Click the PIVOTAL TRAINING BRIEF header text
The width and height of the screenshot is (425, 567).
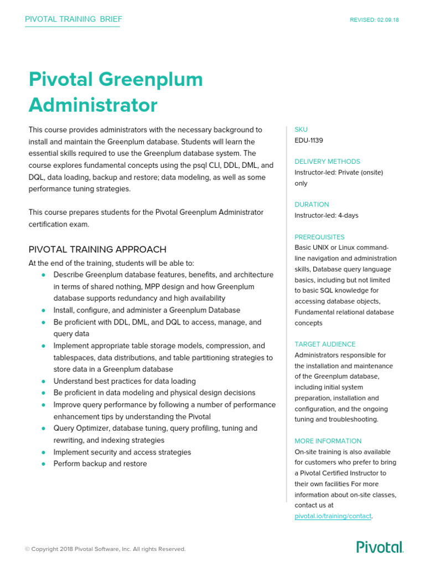74,19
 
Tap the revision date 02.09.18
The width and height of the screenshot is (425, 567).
388,20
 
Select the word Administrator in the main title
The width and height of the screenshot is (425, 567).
93,105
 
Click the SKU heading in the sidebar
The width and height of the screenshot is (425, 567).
301,130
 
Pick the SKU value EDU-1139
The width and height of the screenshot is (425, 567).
309,141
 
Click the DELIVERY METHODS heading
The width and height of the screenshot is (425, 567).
327,162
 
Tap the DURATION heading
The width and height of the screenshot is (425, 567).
312,204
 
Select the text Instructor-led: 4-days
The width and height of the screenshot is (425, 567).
326,215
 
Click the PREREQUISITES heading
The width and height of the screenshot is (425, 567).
319,237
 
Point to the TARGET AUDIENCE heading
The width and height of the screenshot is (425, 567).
325,344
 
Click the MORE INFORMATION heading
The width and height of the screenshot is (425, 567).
328,441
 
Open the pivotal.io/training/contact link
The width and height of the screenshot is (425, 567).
333,516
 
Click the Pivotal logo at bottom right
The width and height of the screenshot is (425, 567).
380,548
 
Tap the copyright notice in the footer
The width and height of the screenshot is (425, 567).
105,549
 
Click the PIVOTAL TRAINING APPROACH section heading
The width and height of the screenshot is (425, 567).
97,250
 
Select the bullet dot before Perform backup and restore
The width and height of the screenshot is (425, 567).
43,464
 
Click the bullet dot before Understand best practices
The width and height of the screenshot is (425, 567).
43,382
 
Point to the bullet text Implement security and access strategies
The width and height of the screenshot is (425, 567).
122,452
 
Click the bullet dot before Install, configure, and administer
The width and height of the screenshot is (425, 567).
43,311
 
